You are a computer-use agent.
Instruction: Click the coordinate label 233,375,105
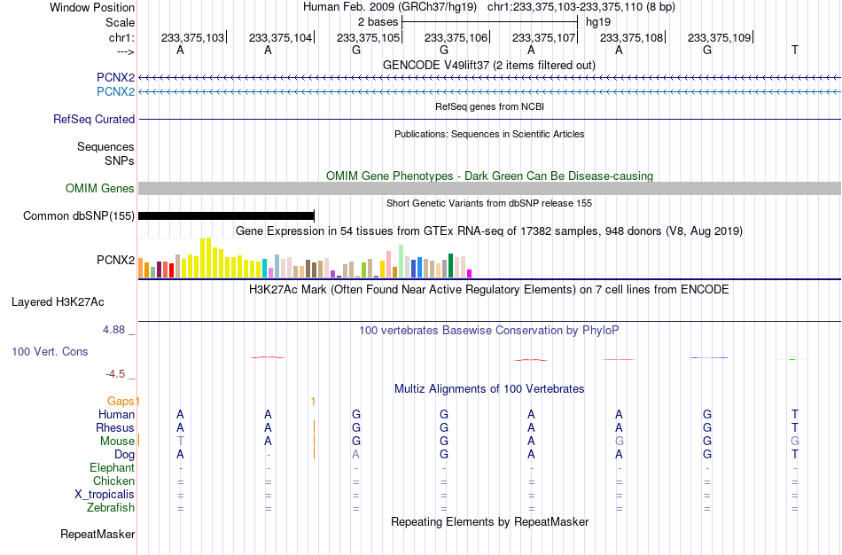[369, 37]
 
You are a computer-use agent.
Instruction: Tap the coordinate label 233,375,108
[631, 37]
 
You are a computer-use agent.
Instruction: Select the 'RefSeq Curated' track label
[94, 120]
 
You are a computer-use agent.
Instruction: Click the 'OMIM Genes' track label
[100, 189]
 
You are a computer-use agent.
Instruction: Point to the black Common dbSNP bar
[226, 216]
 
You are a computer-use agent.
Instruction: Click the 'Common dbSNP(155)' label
[79, 216]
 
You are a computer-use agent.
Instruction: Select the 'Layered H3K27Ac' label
[58, 302]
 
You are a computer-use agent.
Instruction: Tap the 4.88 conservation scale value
[113, 330]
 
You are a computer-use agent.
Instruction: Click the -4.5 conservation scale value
[115, 374]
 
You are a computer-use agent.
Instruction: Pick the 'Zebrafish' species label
[111, 508]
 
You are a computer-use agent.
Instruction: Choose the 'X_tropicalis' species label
[105, 495]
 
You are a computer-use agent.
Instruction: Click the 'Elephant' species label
[112, 468]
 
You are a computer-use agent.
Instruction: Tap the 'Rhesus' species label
[115, 428]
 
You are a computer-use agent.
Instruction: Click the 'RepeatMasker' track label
[97, 534]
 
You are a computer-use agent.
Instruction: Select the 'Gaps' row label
[121, 402]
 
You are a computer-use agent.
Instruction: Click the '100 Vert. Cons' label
[50, 351]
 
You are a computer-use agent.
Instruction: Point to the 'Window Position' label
[92, 7]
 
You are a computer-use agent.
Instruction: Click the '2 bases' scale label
[378, 22]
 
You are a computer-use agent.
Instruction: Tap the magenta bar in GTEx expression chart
[470, 273]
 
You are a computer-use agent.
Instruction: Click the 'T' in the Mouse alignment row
[181, 442]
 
